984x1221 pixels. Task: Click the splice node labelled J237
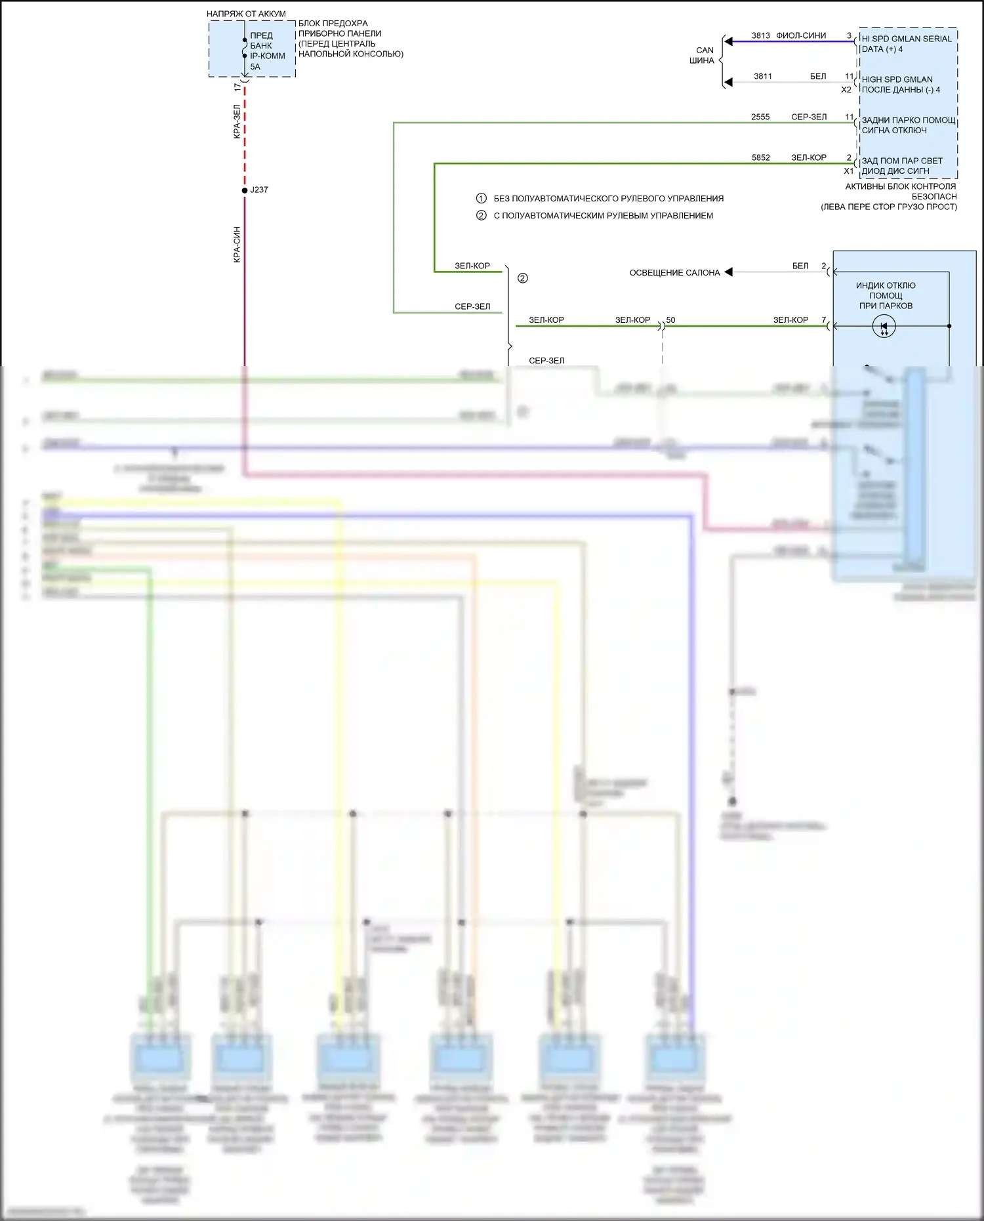pos(245,190)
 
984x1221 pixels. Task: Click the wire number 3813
pos(761,35)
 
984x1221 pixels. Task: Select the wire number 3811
pos(763,76)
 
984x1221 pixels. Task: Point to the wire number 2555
pos(760,117)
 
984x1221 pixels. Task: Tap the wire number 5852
pos(761,157)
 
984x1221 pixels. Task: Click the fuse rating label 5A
pos(255,66)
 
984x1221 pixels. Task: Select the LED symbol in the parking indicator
pos(884,326)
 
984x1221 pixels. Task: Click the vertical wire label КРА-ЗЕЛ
pos(237,121)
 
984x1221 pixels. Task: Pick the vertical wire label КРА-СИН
pos(237,245)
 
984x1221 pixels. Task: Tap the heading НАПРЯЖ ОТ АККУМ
pos(246,14)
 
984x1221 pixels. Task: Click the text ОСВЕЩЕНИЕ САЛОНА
pos(674,273)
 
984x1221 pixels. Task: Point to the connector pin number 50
pos(670,320)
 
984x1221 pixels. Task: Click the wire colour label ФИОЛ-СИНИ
pos(801,35)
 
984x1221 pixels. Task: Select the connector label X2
pos(846,90)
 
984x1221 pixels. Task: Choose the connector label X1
pos(848,171)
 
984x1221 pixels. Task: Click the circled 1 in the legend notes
pos(481,198)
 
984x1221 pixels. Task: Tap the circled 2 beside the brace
pos(523,278)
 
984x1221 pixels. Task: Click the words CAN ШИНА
pos(703,55)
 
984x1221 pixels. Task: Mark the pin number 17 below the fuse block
pos(237,87)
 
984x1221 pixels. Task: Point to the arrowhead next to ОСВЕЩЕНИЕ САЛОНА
pos(728,272)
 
